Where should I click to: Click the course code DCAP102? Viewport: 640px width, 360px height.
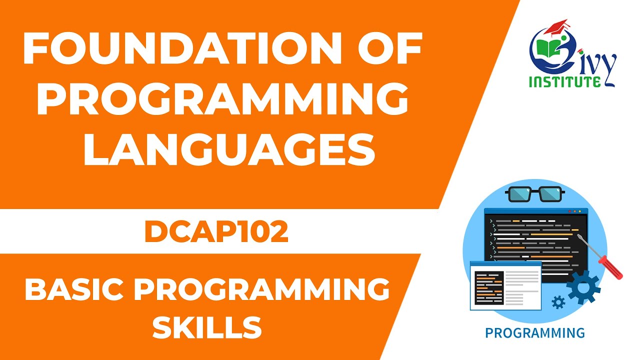[x=216, y=232]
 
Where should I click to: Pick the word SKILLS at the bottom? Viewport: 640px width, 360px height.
[x=207, y=327]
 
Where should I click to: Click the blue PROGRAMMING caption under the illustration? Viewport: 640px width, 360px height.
[x=534, y=332]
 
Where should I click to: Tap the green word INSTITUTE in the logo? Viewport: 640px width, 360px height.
[x=565, y=81]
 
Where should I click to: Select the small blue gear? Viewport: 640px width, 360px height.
[x=558, y=301]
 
